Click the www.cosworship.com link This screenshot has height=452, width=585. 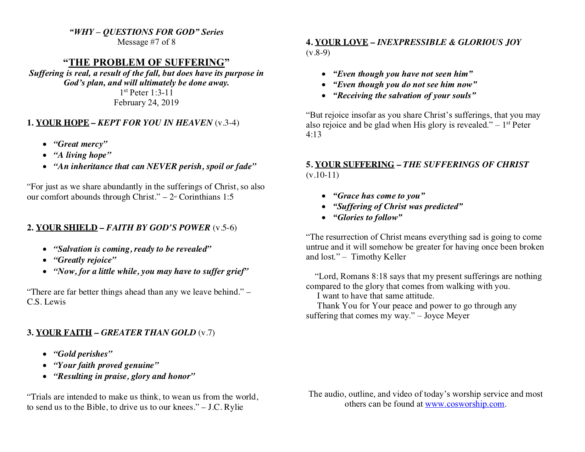pos(464,404)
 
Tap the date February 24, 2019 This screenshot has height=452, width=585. pos(146,103)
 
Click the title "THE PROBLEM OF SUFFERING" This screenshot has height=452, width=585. pos(146,62)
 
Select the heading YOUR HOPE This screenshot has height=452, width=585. pos(62,123)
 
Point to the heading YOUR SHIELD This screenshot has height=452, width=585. pos(66,228)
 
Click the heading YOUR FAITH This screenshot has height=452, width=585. pos(64,333)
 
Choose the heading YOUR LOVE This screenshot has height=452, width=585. pos(341,43)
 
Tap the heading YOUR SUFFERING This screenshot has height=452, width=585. pos(354,164)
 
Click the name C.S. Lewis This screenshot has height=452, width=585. pos(46,302)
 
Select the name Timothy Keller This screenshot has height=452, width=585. pos(378,257)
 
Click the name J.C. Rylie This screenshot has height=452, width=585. pos(225,407)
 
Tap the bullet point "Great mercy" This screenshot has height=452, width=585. pos(80,144)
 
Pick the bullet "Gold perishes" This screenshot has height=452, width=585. pos(83,354)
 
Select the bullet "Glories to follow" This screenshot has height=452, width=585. pos(367,217)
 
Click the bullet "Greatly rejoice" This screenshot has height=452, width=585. pos(84,260)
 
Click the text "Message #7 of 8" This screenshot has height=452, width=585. pos(146,42)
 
